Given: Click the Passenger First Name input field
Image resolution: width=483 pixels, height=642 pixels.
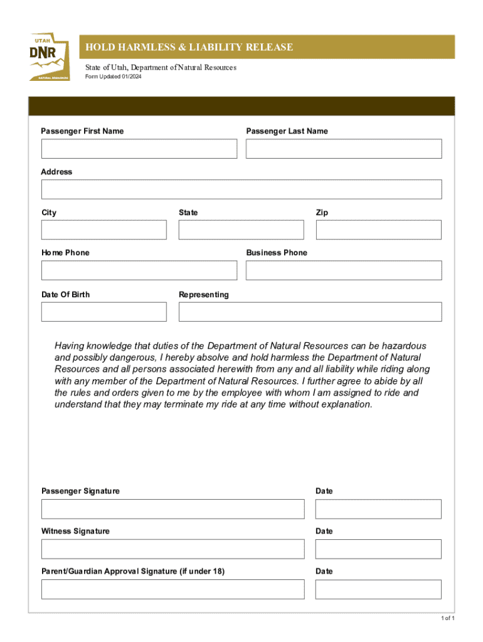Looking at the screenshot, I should pyautogui.click(x=139, y=149).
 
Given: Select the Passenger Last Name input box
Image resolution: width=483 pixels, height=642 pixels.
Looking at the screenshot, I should pyautogui.click(x=344, y=149).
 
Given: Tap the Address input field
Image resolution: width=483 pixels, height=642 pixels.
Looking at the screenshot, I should pyautogui.click(x=242, y=189).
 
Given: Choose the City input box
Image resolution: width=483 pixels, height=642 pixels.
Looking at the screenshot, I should pyautogui.click(x=104, y=229).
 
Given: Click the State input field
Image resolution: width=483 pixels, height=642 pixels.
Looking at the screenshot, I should pyautogui.click(x=241, y=229).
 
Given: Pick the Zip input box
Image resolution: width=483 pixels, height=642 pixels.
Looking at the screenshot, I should pyautogui.click(x=379, y=229).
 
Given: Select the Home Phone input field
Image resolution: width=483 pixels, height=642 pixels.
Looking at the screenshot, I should pyautogui.click(x=139, y=270).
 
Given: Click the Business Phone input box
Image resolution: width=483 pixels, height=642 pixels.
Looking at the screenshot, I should pyautogui.click(x=344, y=270).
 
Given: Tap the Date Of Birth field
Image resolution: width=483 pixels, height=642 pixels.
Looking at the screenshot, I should pyautogui.click(x=104, y=312).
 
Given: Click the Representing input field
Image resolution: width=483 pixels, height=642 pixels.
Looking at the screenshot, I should pyautogui.click(x=310, y=312).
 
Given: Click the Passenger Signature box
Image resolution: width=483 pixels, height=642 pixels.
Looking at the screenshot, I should pyautogui.click(x=172, y=509).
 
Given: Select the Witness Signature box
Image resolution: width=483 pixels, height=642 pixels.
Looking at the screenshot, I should pyautogui.click(x=172, y=549).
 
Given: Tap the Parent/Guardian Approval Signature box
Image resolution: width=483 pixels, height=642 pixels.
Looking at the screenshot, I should pyautogui.click(x=172, y=589).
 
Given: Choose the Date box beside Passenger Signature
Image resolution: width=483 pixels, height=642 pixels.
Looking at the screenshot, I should pyautogui.click(x=378, y=509).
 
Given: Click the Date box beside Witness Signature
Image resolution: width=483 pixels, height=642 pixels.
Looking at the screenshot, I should pyautogui.click(x=378, y=549).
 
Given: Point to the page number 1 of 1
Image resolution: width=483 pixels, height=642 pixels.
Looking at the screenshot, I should pyautogui.click(x=447, y=619).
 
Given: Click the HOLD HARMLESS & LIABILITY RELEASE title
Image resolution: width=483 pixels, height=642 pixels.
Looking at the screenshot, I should pyautogui.click(x=189, y=48).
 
